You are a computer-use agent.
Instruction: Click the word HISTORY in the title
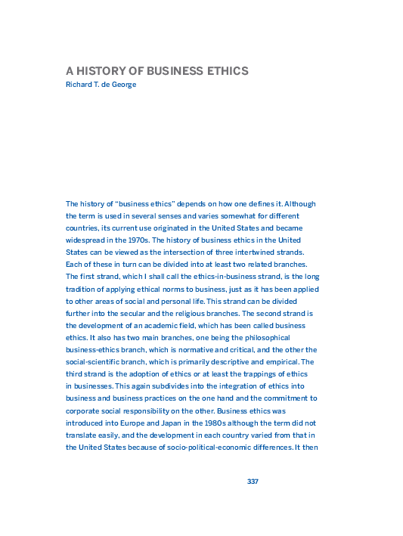pos(103,72)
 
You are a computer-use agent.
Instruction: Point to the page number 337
pos(253,482)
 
